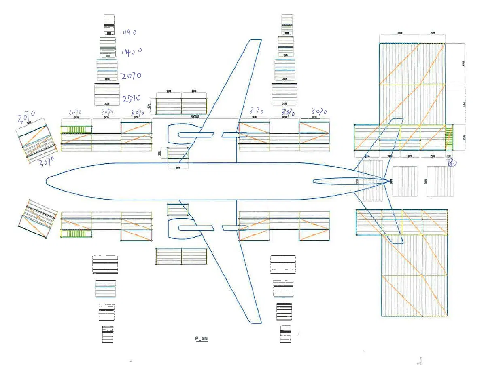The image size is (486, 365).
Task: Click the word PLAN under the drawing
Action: pyautogui.click(x=202, y=339)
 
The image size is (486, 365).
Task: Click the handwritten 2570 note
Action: pyautogui.click(x=131, y=98)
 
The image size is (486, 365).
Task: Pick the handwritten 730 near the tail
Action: pyautogui.click(x=451, y=163)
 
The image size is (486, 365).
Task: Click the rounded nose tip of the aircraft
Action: pyautogui.click(x=47, y=181)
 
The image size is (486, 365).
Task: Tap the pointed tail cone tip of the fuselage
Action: pyautogui.click(x=390, y=181)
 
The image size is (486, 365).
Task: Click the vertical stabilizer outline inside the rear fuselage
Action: pyautogui.click(x=348, y=181)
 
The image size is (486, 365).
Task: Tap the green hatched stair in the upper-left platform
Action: pyautogui.click(x=76, y=130)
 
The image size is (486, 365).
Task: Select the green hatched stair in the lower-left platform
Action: pyautogui.click(x=76, y=234)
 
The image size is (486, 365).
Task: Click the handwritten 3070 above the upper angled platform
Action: pyautogui.click(x=26, y=118)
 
